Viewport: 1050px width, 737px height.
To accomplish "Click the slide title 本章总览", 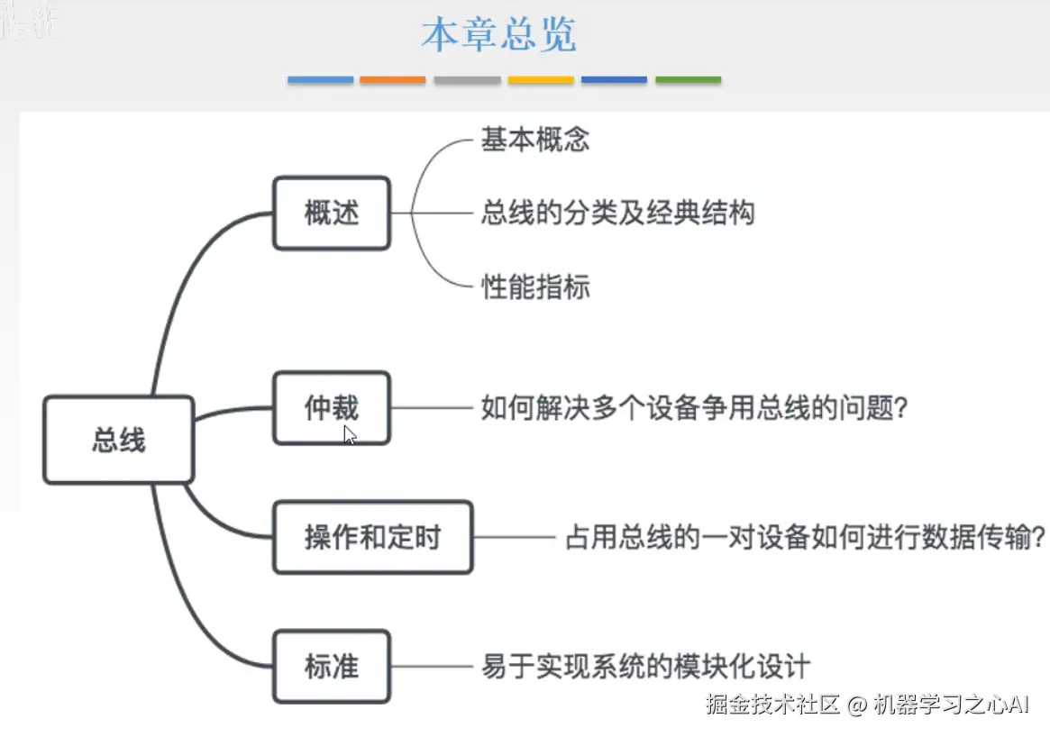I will (498, 34).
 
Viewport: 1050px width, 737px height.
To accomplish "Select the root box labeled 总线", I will (118, 440).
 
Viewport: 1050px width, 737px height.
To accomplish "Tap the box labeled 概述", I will (331, 214).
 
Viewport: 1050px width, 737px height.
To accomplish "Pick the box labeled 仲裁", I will (331, 408).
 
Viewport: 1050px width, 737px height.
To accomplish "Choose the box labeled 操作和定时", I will (372, 538).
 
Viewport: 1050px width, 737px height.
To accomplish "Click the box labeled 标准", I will (331, 667).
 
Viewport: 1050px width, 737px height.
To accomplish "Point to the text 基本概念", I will (535, 140).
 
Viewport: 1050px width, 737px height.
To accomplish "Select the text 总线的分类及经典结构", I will (617, 214).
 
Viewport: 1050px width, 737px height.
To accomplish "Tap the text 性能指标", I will (535, 287).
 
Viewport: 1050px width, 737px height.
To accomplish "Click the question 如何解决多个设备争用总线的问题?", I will (694, 408).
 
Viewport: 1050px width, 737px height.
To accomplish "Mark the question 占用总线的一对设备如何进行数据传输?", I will (805, 538).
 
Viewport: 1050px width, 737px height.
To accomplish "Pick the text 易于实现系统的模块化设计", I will (645, 667).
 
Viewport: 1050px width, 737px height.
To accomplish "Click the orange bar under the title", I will (393, 80).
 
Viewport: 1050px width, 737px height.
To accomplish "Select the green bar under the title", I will (688, 80).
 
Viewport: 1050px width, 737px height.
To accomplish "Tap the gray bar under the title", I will (467, 80).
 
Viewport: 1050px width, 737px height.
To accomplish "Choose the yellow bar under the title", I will (541, 80).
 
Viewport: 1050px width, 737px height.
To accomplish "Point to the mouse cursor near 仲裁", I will (350, 435).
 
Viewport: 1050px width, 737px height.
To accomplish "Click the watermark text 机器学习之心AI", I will (951, 705).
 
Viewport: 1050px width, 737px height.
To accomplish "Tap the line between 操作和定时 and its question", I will (514, 538).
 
